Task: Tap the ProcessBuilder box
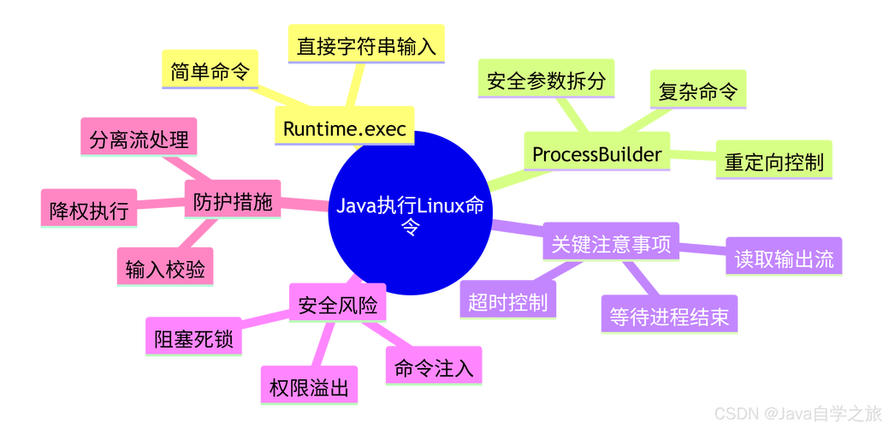(x=596, y=154)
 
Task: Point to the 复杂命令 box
(x=697, y=91)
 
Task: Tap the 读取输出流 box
(x=784, y=259)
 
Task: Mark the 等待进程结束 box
(x=669, y=316)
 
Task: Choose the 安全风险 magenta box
(x=337, y=304)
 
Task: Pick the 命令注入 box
(x=433, y=368)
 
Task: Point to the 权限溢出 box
(x=309, y=388)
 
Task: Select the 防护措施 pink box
(x=232, y=202)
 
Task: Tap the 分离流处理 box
(x=139, y=140)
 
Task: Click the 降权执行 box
(x=88, y=211)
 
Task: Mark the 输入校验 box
(x=165, y=270)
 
